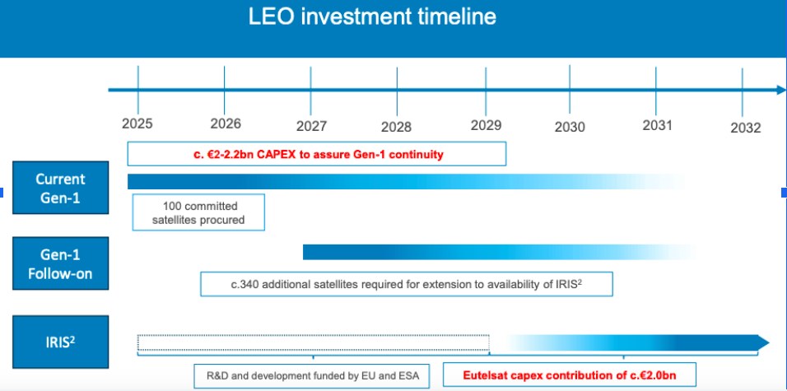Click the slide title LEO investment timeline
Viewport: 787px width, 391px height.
pyautogui.click(x=372, y=17)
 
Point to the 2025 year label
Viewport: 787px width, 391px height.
pyautogui.click(x=137, y=123)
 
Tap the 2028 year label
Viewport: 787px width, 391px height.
pyautogui.click(x=396, y=127)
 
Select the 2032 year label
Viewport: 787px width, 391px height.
pyautogui.click(x=745, y=128)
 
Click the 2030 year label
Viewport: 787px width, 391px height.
pyautogui.click(x=570, y=127)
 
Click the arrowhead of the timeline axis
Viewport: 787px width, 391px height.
pyautogui.click(x=781, y=91)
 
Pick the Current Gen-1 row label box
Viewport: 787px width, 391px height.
pyautogui.click(x=60, y=188)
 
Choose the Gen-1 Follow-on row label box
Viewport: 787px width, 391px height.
pyautogui.click(x=60, y=263)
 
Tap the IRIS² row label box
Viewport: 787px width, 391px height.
pyautogui.click(x=60, y=342)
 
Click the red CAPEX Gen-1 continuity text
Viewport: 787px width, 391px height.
pyautogui.click(x=319, y=154)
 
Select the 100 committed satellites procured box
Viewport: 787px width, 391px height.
pyautogui.click(x=198, y=212)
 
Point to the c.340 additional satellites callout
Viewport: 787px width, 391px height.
pyautogui.click(x=407, y=284)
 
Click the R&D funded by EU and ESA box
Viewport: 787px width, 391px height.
pyautogui.click(x=312, y=376)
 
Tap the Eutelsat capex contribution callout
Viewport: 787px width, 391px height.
pyautogui.click(x=570, y=375)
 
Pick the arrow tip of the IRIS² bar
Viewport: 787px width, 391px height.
pyautogui.click(x=768, y=342)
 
